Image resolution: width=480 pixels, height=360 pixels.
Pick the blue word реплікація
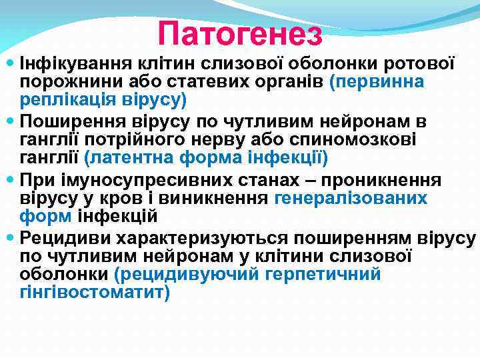pos(61,100)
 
